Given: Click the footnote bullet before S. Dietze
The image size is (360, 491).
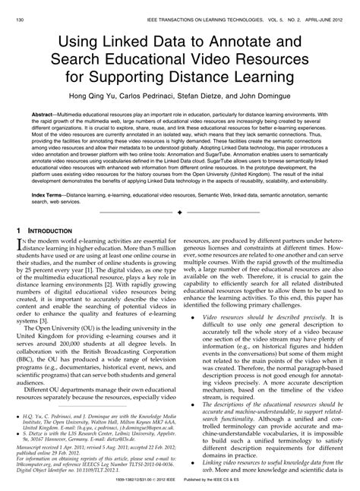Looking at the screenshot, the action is [17, 428].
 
